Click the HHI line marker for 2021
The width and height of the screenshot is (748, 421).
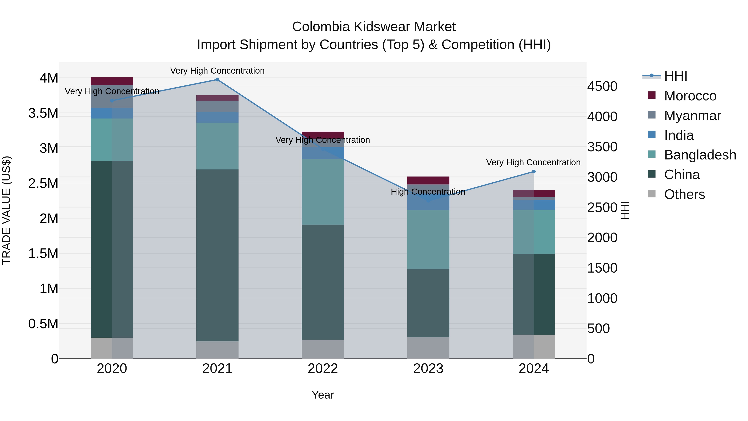[x=217, y=80]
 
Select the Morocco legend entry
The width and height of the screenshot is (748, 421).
[x=690, y=96]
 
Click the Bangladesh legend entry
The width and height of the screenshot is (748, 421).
[x=700, y=155]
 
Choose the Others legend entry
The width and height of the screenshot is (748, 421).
[x=684, y=194]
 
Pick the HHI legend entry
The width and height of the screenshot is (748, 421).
[x=675, y=76]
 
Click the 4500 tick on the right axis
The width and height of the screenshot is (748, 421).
[x=602, y=86]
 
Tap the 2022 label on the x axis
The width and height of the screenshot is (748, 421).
[x=323, y=369]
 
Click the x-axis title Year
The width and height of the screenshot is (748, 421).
[x=323, y=395]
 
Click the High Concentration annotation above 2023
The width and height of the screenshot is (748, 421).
[x=428, y=192]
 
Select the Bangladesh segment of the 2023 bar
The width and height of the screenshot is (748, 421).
[x=428, y=240]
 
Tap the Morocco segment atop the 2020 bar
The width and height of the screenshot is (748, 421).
[x=112, y=81]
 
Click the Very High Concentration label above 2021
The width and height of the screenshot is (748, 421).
[x=217, y=71]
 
